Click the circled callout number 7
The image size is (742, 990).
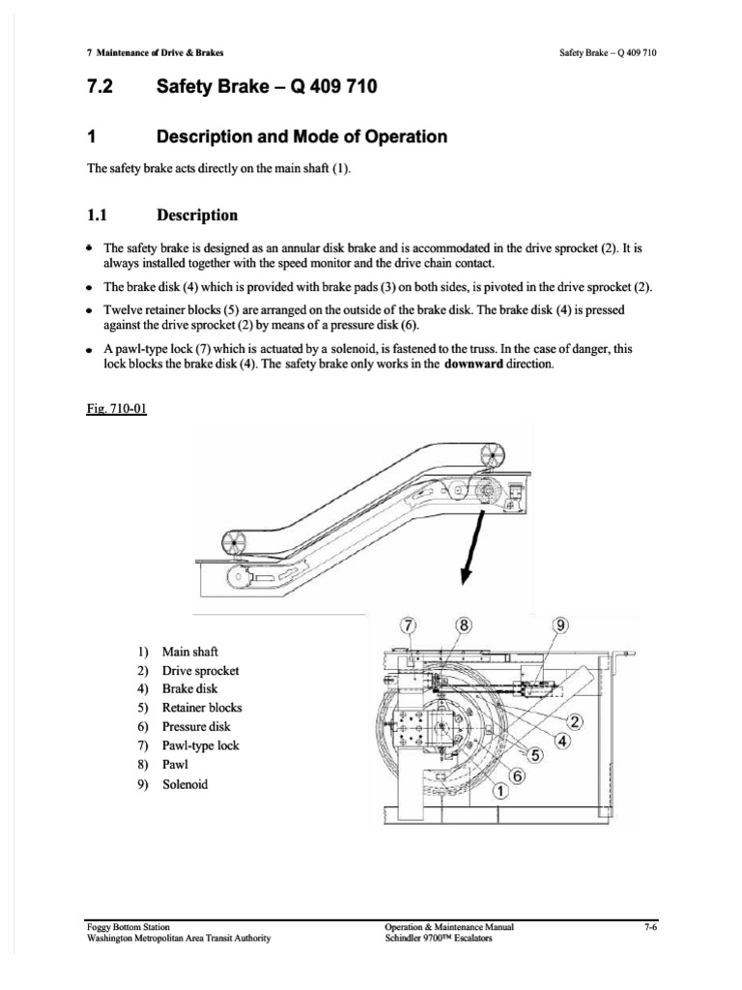408,626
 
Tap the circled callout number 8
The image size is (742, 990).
465,626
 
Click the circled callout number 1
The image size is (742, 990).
500,792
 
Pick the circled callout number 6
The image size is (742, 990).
517,775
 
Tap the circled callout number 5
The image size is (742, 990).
533,758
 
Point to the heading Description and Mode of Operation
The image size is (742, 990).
301,136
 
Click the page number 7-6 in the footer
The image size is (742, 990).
649,926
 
